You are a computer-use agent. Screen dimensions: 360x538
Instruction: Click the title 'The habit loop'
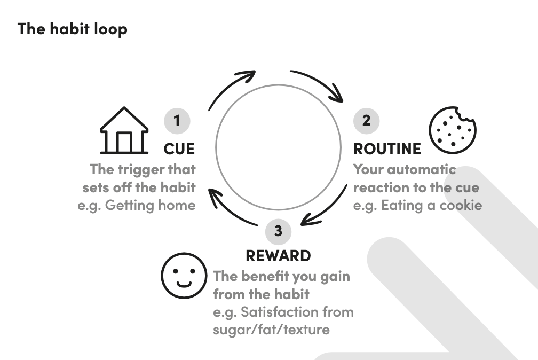click(73, 28)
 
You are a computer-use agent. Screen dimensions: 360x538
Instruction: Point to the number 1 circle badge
click(177, 121)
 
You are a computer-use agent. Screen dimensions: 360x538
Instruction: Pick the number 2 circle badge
click(366, 121)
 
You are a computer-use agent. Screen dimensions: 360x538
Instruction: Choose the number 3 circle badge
click(278, 231)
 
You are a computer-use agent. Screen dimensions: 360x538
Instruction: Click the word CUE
click(179, 148)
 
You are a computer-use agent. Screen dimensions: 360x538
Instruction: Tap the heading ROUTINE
click(387, 148)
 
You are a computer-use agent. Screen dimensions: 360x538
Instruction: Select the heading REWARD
click(278, 255)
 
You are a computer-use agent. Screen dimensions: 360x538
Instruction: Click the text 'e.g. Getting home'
click(137, 205)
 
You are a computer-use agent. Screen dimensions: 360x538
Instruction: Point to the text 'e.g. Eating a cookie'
click(417, 205)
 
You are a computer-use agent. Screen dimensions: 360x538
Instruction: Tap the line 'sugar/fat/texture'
click(271, 329)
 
